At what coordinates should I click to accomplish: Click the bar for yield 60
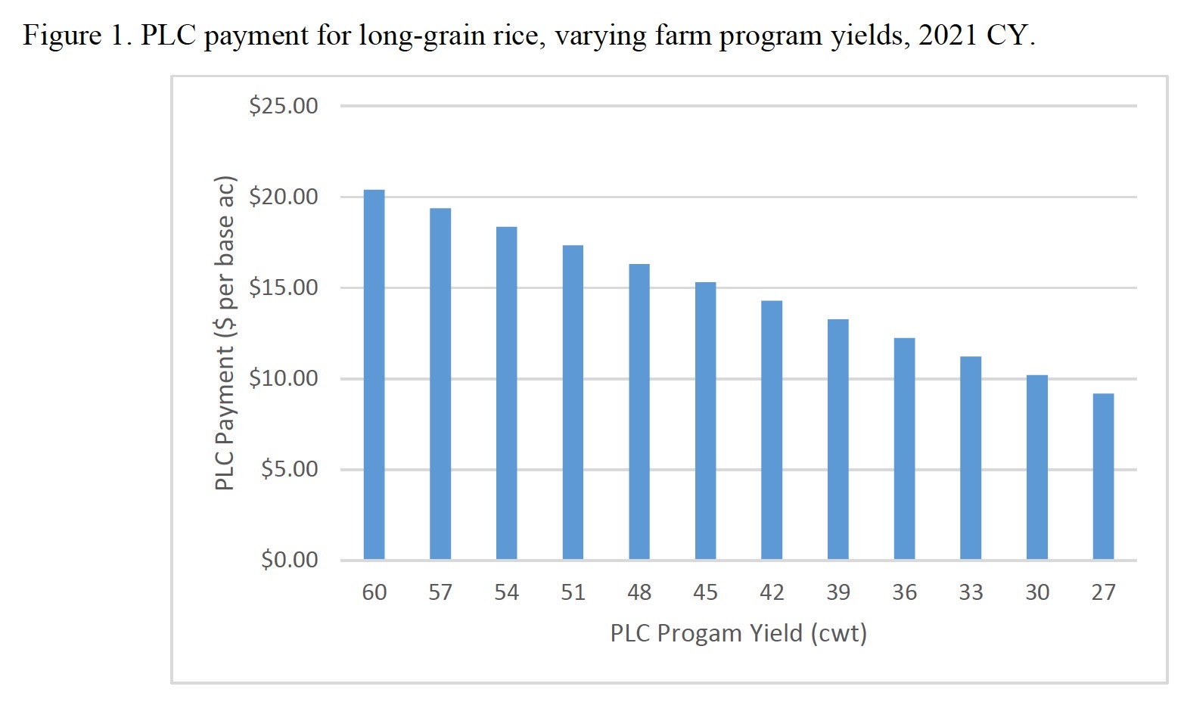374,374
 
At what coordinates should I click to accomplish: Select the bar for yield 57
440,384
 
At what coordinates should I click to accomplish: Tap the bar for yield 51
573,402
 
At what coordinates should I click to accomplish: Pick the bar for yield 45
705,421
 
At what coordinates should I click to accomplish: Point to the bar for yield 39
838,440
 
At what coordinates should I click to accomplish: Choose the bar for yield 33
971,458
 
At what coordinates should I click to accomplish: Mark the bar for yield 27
1103,477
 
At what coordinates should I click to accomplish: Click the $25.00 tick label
284,106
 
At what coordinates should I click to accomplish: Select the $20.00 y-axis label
284,197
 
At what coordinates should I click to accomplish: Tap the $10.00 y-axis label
284,378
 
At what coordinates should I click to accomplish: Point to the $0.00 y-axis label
290,560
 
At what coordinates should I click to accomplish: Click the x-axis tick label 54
507,592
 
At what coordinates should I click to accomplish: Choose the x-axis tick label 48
639,592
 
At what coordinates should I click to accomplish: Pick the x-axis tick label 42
772,592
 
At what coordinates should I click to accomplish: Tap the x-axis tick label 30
1037,592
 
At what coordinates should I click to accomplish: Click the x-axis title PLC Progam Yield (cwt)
738,633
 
